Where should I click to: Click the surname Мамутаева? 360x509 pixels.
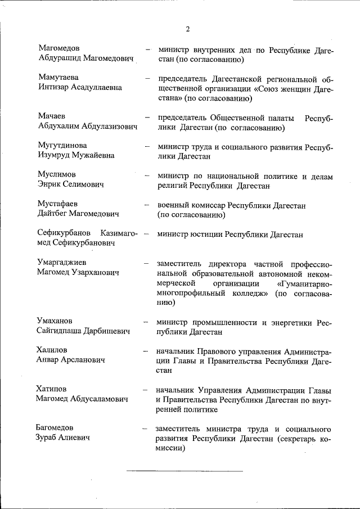58,76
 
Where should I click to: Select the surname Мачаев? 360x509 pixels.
52,117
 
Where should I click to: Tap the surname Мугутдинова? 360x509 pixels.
62,145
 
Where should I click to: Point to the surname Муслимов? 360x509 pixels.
56,174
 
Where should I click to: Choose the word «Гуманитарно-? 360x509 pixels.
305,283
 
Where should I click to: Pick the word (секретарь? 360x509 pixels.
289,438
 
